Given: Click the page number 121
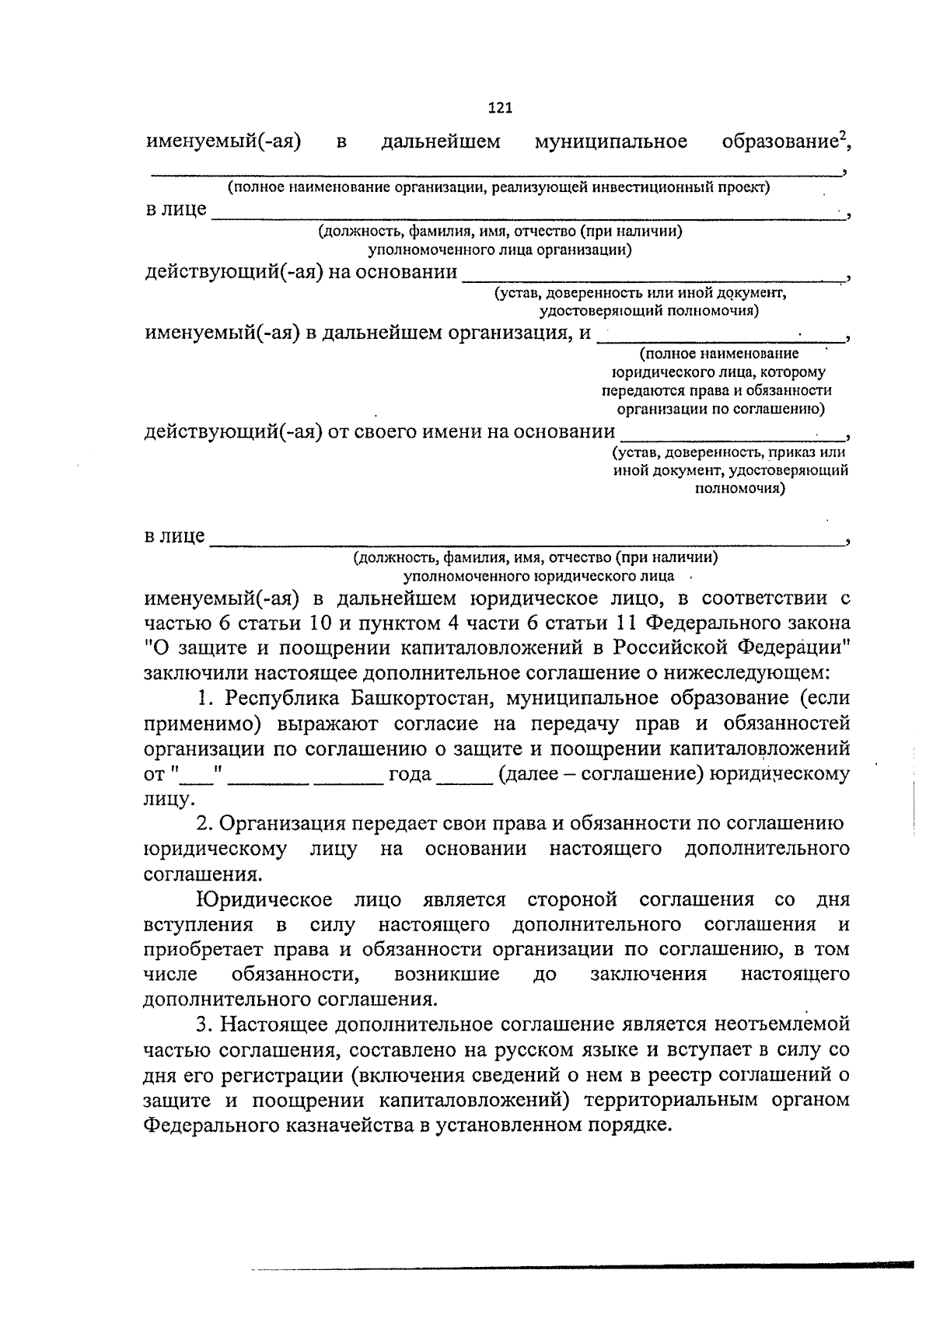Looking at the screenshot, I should click(500, 108).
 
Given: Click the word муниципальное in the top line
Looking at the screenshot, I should click(611, 142).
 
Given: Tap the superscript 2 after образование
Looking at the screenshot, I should click(841, 135).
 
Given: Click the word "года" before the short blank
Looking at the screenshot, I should click(410, 774).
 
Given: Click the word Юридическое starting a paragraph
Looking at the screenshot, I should click(264, 900).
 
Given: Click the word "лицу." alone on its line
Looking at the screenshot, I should click(169, 799).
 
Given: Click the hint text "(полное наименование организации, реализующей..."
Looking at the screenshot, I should click(498, 188).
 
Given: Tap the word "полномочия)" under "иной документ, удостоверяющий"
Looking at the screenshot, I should click(739, 489).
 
